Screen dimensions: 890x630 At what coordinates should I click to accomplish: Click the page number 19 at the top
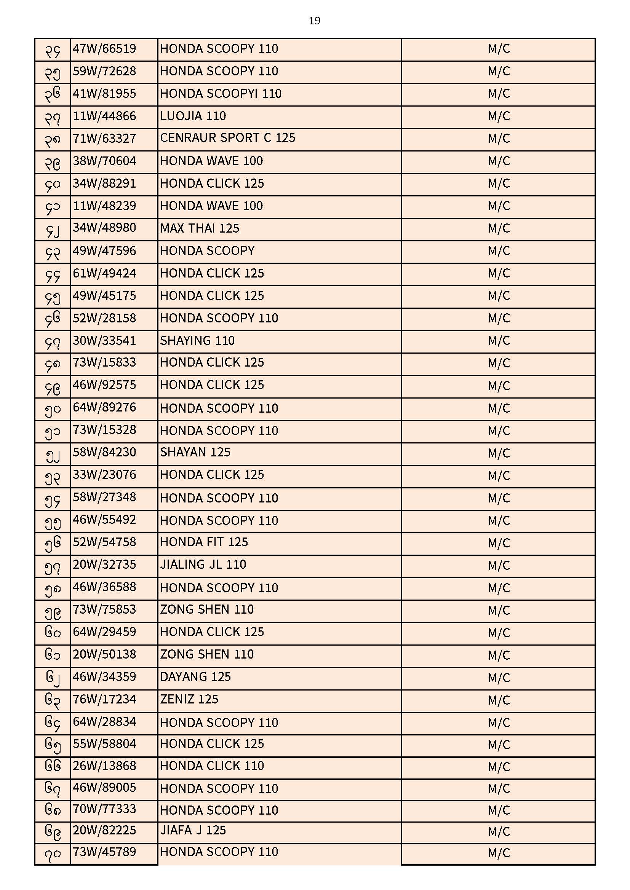pyautogui.click(x=314, y=21)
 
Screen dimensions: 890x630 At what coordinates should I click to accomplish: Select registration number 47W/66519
pyautogui.click(x=104, y=49)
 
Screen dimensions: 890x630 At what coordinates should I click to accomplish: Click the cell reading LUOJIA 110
pyautogui.click(x=193, y=116)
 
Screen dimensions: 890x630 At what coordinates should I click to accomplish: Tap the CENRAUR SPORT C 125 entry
pyautogui.click(x=227, y=138)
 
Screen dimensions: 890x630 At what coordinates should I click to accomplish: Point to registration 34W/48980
pyautogui.click(x=104, y=228)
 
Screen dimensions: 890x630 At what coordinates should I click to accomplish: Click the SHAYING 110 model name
pyautogui.click(x=197, y=341)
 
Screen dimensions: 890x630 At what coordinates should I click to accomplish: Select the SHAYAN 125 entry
pyautogui.click(x=195, y=452)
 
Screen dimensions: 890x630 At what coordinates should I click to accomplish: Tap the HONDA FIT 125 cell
pyautogui.click(x=204, y=542)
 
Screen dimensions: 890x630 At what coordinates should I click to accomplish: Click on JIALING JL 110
pyautogui.click(x=203, y=565)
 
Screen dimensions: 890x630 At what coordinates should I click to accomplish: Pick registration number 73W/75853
pyautogui.click(x=104, y=610)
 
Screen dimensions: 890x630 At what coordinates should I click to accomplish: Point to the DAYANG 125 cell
pyautogui.click(x=195, y=677)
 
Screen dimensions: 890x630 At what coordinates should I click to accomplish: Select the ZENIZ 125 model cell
pyautogui.click(x=189, y=700)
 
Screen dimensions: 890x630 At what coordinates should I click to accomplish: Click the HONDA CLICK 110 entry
pyautogui.click(x=212, y=766)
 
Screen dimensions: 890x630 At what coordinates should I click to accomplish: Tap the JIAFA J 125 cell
pyautogui.click(x=193, y=831)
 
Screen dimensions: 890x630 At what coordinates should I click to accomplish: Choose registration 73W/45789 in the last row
pyautogui.click(x=104, y=852)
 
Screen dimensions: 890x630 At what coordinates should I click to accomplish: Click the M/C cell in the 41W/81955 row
pyautogui.click(x=499, y=94)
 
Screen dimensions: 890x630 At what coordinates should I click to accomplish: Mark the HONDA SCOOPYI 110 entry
pyautogui.click(x=221, y=94)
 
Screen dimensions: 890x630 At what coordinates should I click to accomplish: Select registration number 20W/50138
pyautogui.click(x=104, y=655)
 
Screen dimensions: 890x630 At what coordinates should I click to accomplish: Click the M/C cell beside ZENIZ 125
pyautogui.click(x=499, y=700)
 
